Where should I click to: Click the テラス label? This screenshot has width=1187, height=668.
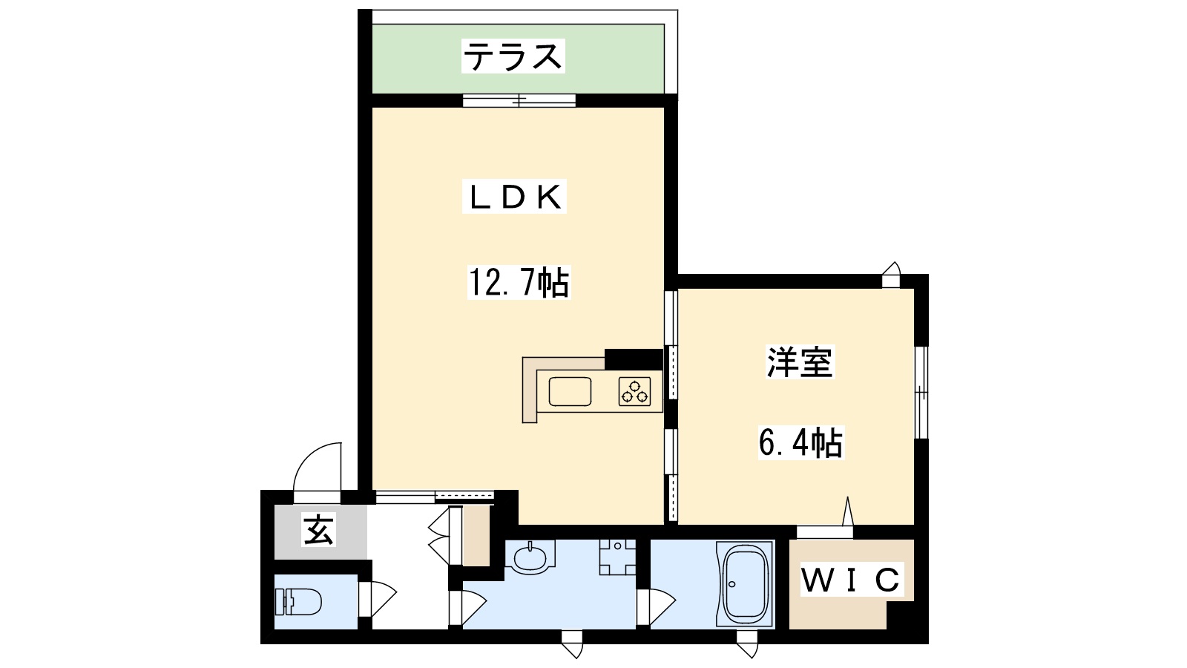click(x=513, y=56)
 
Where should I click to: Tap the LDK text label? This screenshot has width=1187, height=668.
click(x=514, y=197)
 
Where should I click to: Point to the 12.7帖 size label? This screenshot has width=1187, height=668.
click(x=519, y=283)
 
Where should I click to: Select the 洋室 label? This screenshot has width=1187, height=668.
click(x=799, y=362)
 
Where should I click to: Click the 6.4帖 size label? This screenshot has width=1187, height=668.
click(x=800, y=443)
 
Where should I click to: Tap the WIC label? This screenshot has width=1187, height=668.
click(x=851, y=580)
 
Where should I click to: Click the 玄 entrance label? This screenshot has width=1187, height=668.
click(x=319, y=531)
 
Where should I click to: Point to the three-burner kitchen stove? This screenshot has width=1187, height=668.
click(x=635, y=391)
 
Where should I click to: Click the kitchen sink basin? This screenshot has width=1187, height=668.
click(x=570, y=391)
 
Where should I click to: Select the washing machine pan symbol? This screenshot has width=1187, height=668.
click(x=617, y=556)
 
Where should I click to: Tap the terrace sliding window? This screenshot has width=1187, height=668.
click(x=519, y=100)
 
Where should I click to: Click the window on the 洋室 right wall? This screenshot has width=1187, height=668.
click(x=920, y=392)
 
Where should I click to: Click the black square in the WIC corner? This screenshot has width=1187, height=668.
click(x=901, y=616)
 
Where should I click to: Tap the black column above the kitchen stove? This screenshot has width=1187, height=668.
click(x=633, y=358)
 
